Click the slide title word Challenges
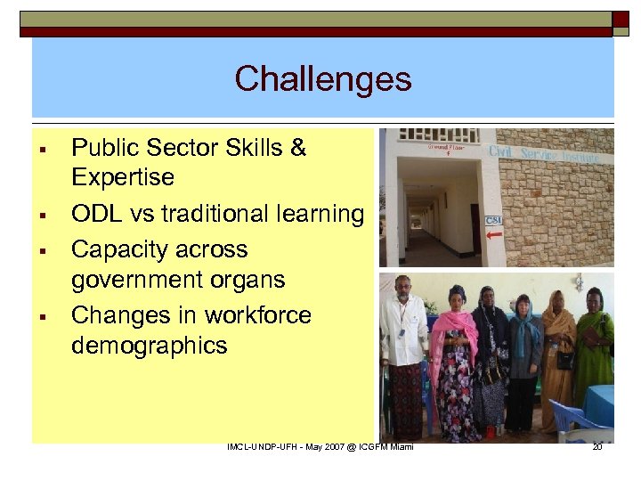[323, 79]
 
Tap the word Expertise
[122, 177]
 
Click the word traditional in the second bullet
[221, 214]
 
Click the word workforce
[258, 315]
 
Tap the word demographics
[149, 345]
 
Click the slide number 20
[597, 446]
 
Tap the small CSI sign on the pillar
[492, 220]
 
